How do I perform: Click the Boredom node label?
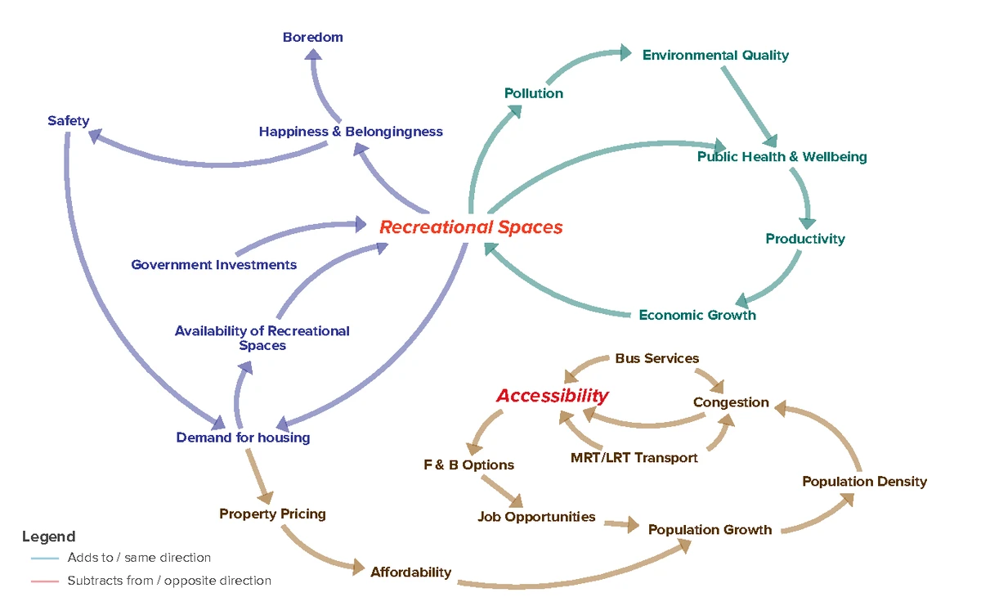click(313, 37)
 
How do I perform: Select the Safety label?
click(68, 121)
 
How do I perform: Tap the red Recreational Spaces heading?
click(471, 227)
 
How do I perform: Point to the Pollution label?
click(534, 93)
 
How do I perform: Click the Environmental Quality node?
click(715, 55)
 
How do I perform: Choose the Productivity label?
click(805, 239)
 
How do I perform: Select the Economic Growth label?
click(697, 315)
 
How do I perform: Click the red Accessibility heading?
click(553, 396)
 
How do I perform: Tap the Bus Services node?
click(657, 358)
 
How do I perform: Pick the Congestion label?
click(731, 402)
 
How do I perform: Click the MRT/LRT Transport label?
click(634, 458)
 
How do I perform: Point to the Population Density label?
click(865, 482)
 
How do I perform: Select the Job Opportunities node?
click(537, 517)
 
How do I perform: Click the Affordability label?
click(410, 572)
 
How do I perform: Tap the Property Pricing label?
click(272, 514)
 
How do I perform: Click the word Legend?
click(48, 536)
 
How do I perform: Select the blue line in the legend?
click(44, 559)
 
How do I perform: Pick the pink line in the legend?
click(44, 581)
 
